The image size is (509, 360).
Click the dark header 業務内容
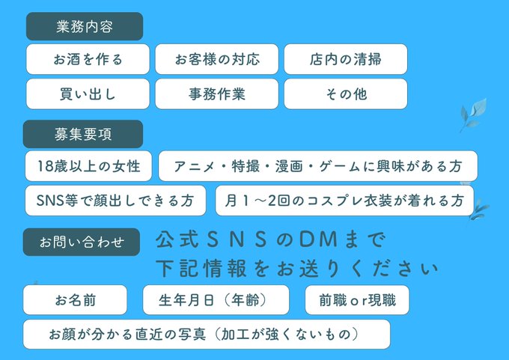click(x=84, y=27)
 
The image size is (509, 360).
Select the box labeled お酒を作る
click(x=88, y=59)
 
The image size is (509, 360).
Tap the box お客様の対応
click(x=216, y=59)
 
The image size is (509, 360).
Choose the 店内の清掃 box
click(x=345, y=59)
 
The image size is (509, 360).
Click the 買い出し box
click(x=88, y=94)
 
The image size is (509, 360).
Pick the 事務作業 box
click(x=216, y=94)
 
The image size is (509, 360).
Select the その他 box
click(x=345, y=94)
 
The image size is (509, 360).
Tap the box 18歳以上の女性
click(x=88, y=166)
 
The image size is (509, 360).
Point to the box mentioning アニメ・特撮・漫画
click(x=317, y=166)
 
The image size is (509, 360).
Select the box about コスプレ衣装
click(x=344, y=201)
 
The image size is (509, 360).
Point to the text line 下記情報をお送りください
click(x=297, y=268)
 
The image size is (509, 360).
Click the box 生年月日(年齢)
click(x=216, y=300)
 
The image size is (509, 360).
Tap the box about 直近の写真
click(x=206, y=334)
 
